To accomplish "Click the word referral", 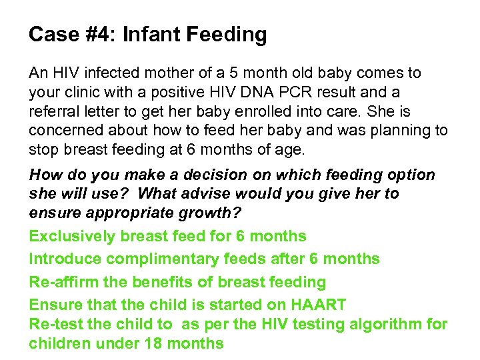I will [x=53, y=110].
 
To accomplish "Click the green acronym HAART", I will [x=319, y=305].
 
